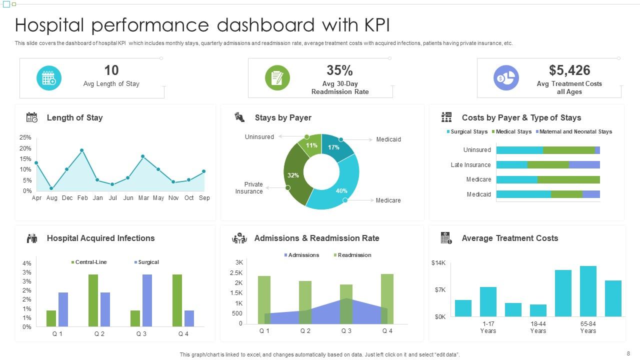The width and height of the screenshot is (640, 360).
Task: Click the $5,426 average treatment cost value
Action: coord(569,70)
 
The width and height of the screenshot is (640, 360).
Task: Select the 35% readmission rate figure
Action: coord(339,70)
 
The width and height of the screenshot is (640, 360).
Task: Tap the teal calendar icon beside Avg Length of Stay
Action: coord(49,78)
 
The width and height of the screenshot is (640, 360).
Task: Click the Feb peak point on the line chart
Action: coord(81,150)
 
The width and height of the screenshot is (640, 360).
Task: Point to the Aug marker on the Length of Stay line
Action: coord(51,188)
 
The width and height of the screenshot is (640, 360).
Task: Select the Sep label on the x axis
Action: coord(204,198)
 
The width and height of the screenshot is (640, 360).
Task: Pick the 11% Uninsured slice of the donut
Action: coord(311,146)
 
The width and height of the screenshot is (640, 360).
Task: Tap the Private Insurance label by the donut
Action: coord(249,188)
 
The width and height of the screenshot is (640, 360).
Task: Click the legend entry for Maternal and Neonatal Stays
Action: coord(575,132)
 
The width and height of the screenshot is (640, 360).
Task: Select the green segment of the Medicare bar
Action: coord(568,179)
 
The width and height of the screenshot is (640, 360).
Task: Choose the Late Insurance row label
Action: coord(470,165)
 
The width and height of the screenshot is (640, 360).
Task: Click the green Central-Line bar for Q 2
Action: coord(93,300)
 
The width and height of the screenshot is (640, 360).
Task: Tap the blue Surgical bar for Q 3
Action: coord(147,300)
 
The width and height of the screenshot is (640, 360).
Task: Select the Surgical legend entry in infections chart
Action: coord(148,262)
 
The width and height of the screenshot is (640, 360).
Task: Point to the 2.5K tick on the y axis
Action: coord(236,273)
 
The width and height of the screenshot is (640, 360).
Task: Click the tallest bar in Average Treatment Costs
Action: coord(588,291)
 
